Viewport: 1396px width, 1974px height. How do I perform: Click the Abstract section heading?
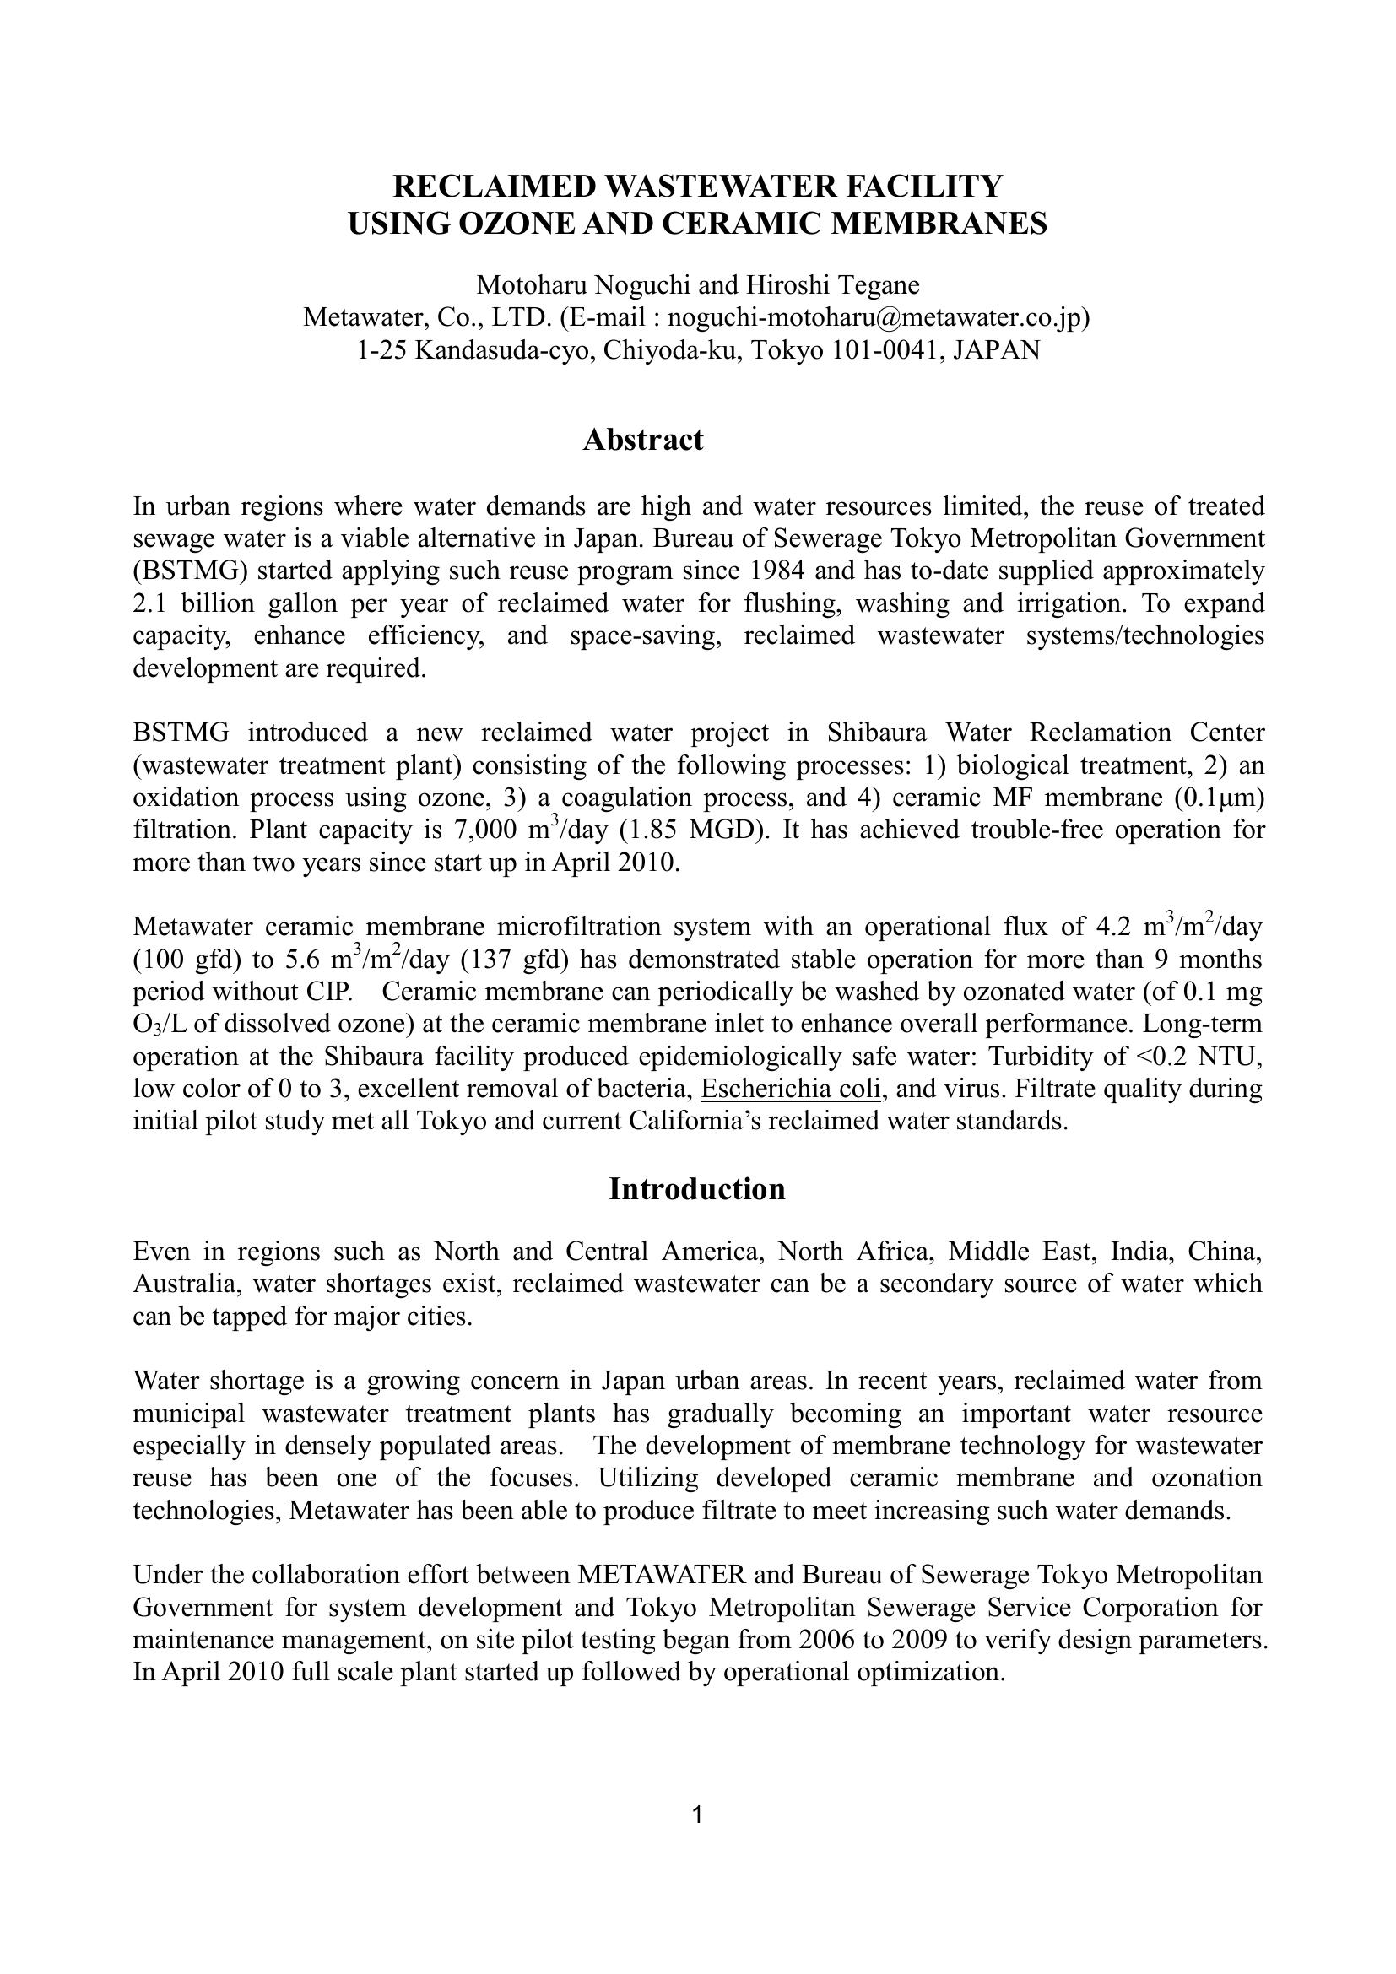643,440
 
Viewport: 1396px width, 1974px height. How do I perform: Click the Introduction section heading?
696,1189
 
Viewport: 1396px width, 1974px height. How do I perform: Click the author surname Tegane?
876,284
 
